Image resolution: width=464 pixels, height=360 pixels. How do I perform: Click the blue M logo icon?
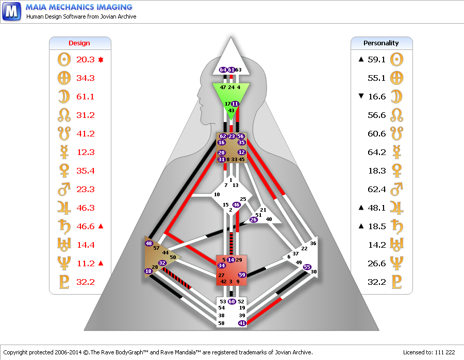click(x=11, y=11)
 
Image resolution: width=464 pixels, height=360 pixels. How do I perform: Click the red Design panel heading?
click(x=79, y=43)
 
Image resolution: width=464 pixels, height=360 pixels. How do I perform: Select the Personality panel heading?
click(x=381, y=43)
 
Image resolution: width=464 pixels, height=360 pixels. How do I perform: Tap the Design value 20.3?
click(x=86, y=60)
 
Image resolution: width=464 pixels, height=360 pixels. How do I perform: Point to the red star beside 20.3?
click(x=101, y=60)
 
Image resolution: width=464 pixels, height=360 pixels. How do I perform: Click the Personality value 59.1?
click(x=376, y=60)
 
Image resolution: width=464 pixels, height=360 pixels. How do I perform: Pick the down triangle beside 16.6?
click(x=361, y=96)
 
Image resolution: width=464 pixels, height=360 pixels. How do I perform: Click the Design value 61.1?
click(x=85, y=97)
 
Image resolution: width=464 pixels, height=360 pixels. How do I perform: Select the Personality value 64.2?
click(x=377, y=152)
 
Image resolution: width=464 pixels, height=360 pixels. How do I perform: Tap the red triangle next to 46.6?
click(x=101, y=226)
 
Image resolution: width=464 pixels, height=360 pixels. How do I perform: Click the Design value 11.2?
click(x=86, y=263)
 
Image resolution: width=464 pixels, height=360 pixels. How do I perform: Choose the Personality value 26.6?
click(x=377, y=263)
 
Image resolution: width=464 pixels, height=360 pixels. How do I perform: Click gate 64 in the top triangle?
click(x=223, y=70)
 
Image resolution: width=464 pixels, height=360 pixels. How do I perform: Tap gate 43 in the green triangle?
click(x=231, y=110)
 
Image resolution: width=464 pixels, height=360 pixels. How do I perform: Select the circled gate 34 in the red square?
click(x=222, y=265)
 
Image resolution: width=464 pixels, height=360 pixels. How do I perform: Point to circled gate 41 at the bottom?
click(x=242, y=323)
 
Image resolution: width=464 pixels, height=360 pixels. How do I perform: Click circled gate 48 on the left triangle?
click(x=148, y=243)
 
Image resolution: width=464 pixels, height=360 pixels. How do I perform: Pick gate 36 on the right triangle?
click(x=313, y=243)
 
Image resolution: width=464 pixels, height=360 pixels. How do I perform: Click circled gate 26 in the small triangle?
click(x=253, y=219)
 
